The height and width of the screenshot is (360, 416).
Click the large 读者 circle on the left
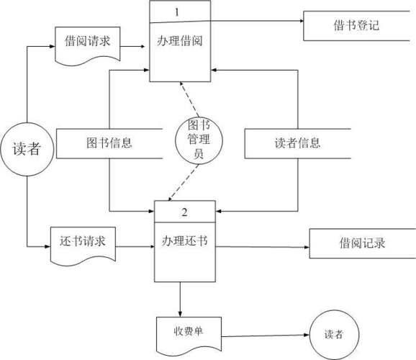(x=27, y=148)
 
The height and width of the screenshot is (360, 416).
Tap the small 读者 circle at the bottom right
(x=333, y=335)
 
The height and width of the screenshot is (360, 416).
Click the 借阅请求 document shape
(x=87, y=44)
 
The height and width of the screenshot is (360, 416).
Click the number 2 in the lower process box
(x=184, y=212)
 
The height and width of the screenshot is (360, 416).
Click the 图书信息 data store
(x=109, y=143)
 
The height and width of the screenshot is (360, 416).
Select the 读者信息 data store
(x=297, y=143)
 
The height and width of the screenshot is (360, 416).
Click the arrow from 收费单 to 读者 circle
(x=266, y=334)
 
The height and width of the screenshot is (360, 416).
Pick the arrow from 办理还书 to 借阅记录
(x=263, y=247)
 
